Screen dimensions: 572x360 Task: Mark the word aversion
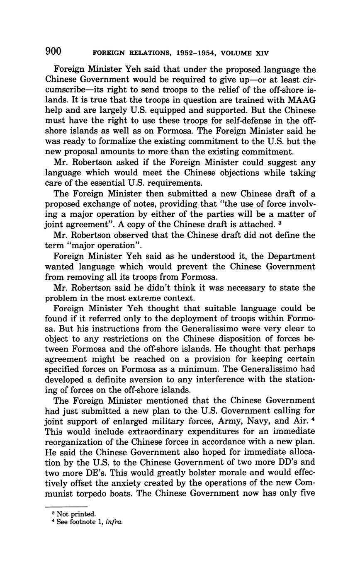[x=149, y=380]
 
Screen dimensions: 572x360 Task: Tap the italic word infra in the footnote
[x=114, y=522]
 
